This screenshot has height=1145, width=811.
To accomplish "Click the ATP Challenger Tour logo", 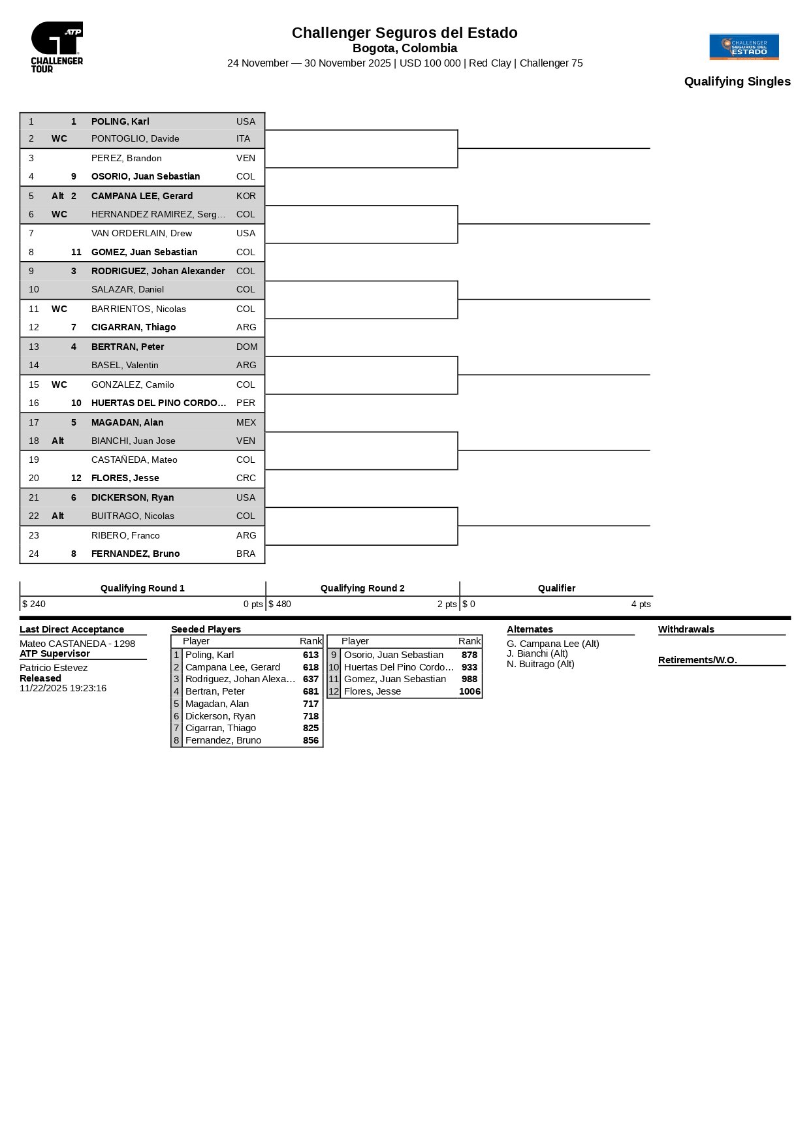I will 57,46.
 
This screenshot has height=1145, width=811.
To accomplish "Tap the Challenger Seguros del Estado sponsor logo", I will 744,46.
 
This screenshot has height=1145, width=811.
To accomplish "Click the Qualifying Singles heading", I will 737,82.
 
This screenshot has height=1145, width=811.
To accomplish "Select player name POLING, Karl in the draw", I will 120,121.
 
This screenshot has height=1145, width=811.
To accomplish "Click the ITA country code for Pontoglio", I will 243,138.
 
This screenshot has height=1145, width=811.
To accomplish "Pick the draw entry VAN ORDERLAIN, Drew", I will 141,233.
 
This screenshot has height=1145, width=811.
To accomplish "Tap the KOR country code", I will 246,196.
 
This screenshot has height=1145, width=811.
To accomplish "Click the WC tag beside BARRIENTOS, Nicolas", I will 59,309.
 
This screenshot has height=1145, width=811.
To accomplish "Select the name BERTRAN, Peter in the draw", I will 127,347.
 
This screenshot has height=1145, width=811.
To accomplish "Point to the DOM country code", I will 247,347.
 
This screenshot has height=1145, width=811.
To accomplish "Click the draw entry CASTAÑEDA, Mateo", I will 134,460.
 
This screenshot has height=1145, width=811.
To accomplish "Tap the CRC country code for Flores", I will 246,478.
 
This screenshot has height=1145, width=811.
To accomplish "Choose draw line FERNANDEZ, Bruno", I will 135,554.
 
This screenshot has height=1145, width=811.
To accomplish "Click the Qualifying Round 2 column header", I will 362,588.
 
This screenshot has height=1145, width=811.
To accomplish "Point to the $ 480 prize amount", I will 279,604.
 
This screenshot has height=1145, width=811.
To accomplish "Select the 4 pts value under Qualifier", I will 641,604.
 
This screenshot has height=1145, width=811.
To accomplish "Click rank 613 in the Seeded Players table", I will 311,655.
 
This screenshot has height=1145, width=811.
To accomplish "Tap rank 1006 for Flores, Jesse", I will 469,691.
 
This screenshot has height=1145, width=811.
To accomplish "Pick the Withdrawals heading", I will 686,629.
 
